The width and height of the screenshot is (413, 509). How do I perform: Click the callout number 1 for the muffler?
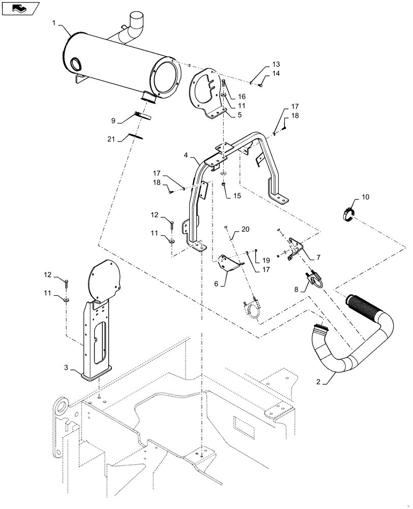point(54,22)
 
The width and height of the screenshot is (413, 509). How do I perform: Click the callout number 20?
point(246,230)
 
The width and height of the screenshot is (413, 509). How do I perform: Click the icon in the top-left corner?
point(21,8)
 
